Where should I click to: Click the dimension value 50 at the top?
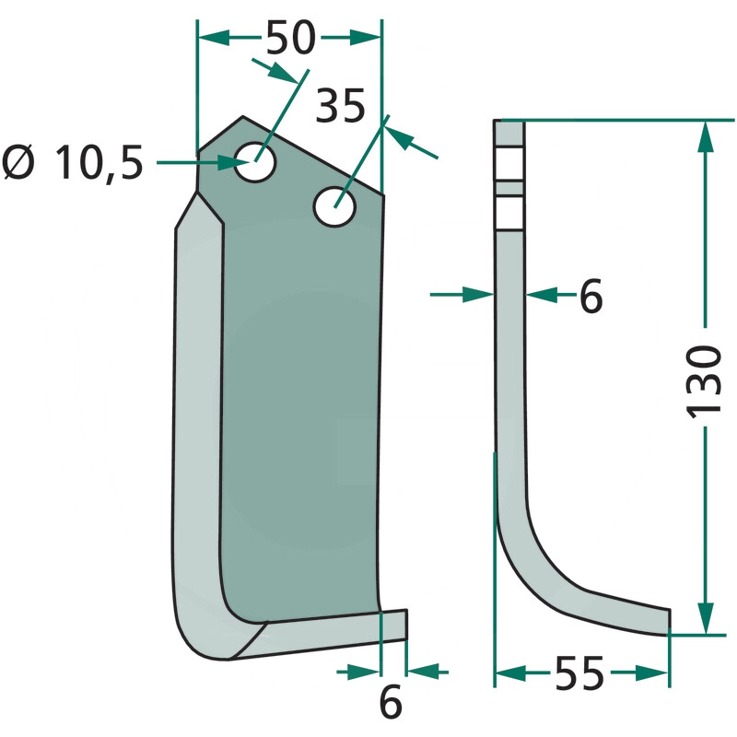290,37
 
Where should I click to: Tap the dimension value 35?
340,106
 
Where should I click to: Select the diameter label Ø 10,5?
73,163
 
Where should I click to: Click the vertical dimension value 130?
704,380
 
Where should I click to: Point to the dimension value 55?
579,673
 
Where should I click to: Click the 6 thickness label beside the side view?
591,296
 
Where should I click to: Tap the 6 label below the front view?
391,702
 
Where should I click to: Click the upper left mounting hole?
255,162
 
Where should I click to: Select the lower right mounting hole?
334,206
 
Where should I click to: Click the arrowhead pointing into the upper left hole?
234,163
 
